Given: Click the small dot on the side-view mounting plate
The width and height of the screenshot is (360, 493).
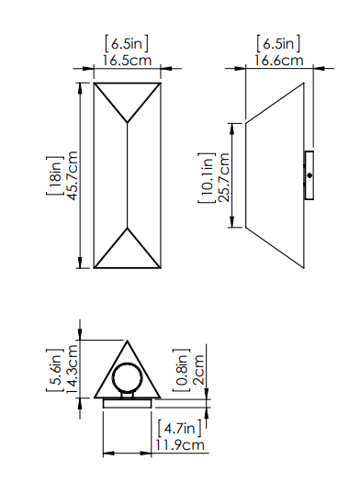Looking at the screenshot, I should tap(309, 174).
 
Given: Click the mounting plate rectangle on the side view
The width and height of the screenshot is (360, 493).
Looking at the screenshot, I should tap(309, 174).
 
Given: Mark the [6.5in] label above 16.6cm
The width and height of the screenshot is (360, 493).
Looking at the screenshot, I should tap(279, 43).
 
